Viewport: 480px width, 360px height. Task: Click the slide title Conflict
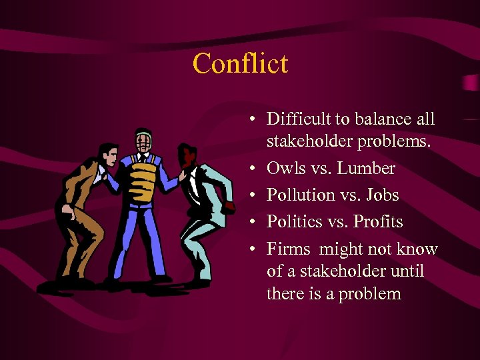pyautogui.click(x=240, y=64)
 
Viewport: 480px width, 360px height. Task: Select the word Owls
pyautogui.click(x=285, y=168)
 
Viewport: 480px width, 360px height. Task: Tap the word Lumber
pyautogui.click(x=366, y=168)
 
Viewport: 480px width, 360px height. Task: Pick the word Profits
pyautogui.click(x=378, y=221)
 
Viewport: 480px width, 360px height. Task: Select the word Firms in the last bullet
pyautogui.click(x=289, y=249)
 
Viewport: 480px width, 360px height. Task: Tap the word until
pyautogui.click(x=405, y=271)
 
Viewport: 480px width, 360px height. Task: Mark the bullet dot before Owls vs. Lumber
pyautogui.click(x=252, y=169)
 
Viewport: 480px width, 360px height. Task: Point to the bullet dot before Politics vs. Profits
pyautogui.click(x=252, y=222)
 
